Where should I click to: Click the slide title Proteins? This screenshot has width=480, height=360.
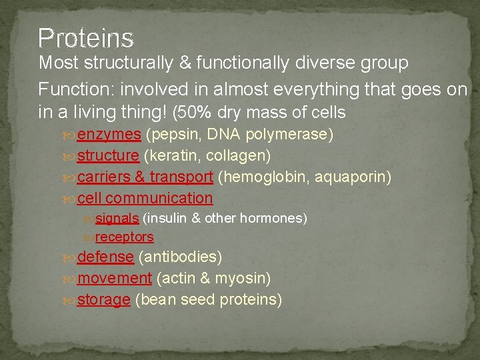click(86, 38)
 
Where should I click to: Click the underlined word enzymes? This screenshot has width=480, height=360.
click(109, 135)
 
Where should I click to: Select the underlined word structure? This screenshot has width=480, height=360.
click(108, 156)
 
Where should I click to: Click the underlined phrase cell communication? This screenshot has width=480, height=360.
click(145, 198)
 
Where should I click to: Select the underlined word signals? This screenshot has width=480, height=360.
click(117, 218)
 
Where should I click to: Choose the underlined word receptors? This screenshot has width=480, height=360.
click(124, 237)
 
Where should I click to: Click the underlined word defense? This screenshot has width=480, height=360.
click(105, 257)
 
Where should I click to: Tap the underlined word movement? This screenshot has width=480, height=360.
click(115, 278)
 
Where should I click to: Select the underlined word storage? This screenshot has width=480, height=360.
click(103, 299)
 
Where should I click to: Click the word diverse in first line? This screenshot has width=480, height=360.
click(345, 63)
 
